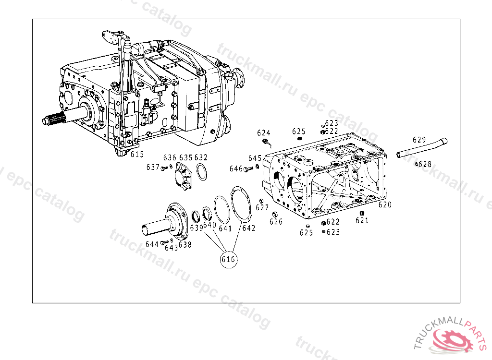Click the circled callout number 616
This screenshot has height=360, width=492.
coord(228,259)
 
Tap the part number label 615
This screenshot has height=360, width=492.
coord(137,154)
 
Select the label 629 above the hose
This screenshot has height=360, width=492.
coord(419,140)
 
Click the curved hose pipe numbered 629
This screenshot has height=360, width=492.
coord(421,148)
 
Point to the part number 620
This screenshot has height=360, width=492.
coord(385,205)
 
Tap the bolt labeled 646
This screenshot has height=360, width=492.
coord(248,169)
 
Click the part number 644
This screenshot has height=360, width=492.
coord(152,244)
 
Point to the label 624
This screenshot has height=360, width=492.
coord(264,133)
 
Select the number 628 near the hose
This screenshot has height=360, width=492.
coord(425,164)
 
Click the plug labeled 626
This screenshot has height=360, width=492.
coord(274,215)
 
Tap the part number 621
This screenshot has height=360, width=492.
coord(362,220)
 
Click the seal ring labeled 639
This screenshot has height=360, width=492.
coord(196,216)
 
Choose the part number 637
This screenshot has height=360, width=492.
coord(153,168)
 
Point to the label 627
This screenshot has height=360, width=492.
coord(262,207)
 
